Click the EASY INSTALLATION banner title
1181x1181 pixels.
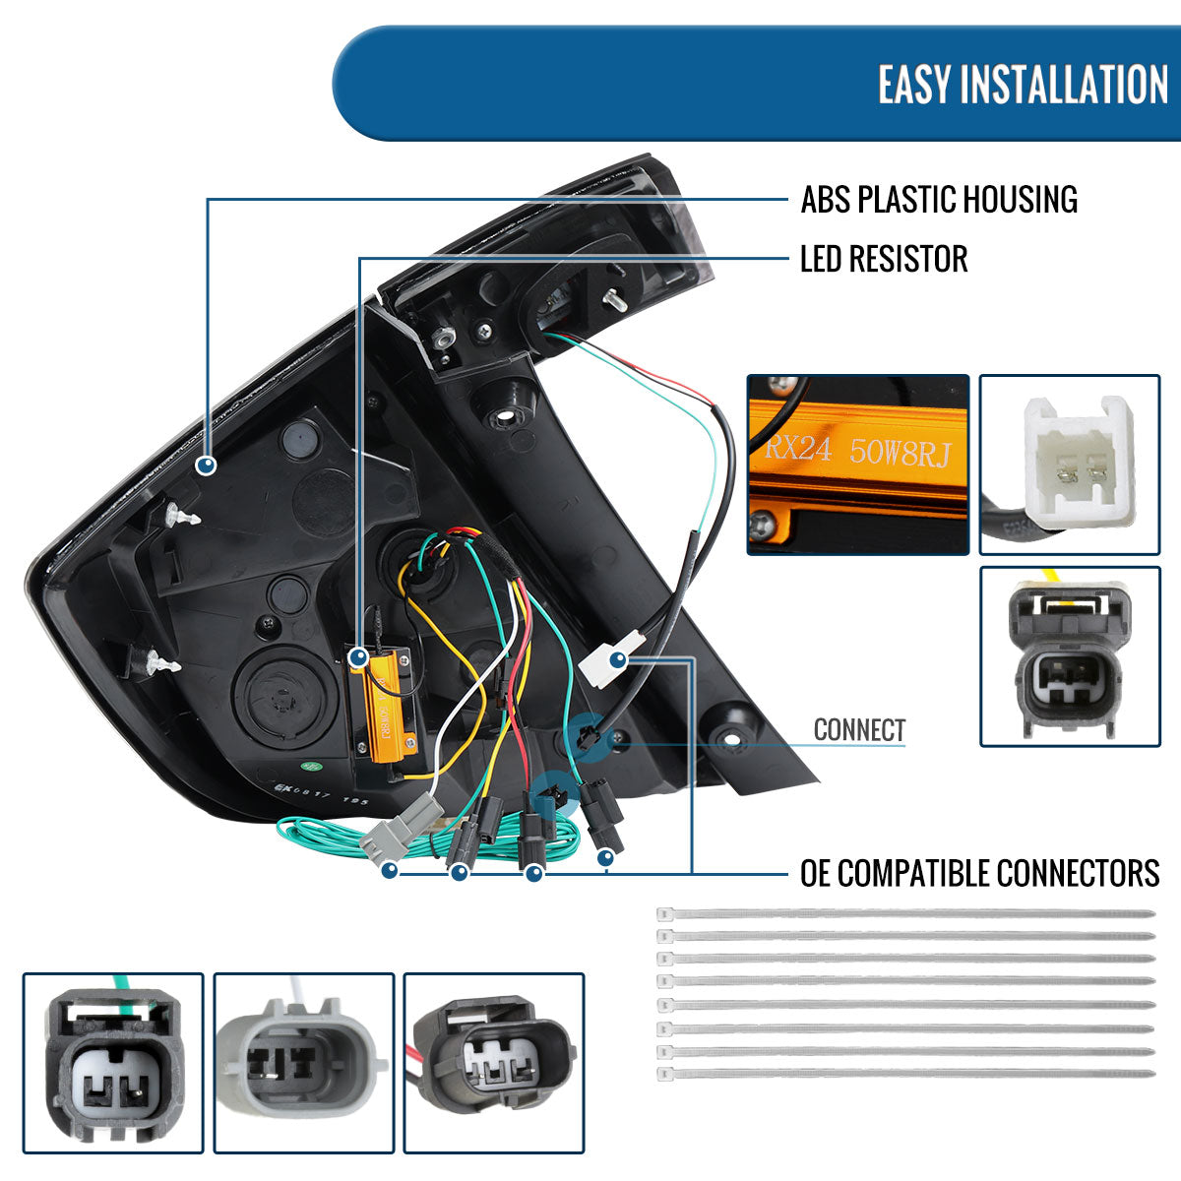pos(1023,85)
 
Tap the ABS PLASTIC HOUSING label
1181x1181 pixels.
pos(939,200)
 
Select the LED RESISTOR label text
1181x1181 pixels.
pos(884,260)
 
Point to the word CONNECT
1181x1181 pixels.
pos(859,730)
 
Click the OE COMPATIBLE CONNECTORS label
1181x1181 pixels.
pos(979,873)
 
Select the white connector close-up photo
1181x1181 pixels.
pos(1069,464)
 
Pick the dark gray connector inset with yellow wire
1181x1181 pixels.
pos(1069,655)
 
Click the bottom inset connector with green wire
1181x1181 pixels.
pos(113,1063)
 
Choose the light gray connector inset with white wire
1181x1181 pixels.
pos(303,1063)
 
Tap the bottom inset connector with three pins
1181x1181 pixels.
pos(494,1063)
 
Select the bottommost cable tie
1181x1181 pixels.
pos(905,1074)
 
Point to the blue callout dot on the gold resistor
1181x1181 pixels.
pos(359,657)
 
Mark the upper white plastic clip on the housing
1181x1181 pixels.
pos(181,514)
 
